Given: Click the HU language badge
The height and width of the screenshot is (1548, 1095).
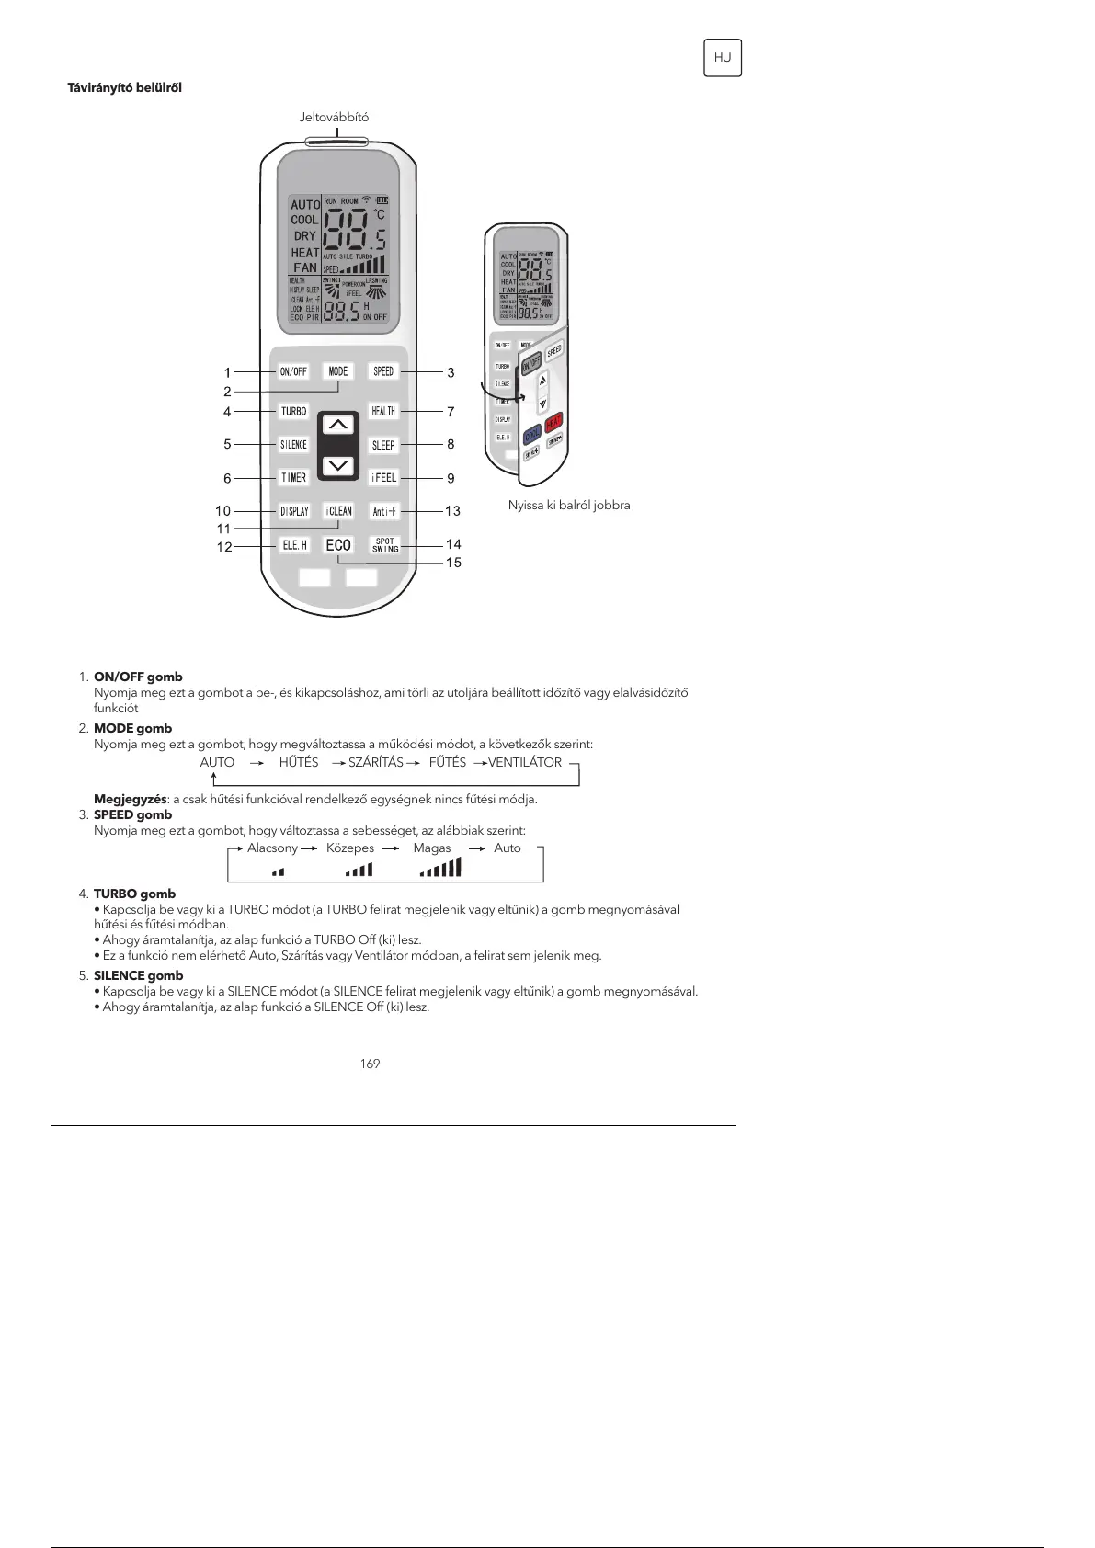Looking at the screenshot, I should point(723,58).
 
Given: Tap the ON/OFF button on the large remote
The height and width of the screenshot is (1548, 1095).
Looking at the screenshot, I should point(293,371).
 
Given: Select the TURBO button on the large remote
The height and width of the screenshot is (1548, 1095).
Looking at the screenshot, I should point(293,411).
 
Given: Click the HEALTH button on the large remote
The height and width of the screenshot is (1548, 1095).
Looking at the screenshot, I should point(383,411).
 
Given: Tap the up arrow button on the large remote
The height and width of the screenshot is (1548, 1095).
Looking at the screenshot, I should point(338,426).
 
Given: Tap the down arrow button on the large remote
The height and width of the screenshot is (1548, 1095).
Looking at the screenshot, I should point(338,465).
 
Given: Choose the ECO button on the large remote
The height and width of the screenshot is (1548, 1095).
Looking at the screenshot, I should point(338,545).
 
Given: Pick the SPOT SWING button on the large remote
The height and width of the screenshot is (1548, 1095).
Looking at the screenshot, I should point(384,545).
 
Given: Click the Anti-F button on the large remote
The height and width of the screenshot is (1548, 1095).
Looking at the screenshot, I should point(383,511).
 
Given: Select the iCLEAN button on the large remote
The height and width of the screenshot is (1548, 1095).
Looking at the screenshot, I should point(338,511).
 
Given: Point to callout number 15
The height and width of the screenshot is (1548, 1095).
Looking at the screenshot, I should point(453,563).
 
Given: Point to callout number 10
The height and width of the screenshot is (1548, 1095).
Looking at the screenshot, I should point(223,511).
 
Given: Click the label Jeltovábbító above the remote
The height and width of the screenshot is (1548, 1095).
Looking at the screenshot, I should point(334,118).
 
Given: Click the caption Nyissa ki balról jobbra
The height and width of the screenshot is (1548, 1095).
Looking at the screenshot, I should point(569,506).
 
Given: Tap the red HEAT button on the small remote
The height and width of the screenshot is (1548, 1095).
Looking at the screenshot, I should point(553,424).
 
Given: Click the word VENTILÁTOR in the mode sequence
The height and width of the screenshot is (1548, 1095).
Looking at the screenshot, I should point(525,763).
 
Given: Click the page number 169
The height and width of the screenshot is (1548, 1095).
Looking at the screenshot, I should point(370,1064).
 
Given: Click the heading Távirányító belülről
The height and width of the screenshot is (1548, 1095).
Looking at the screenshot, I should point(125,88).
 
